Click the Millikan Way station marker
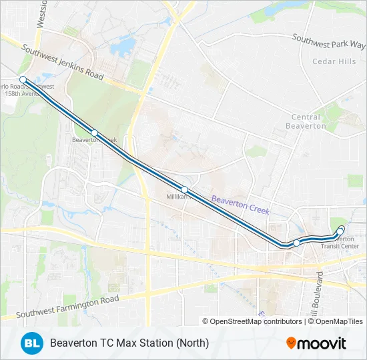tap(185, 189)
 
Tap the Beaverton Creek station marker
tap(95, 133)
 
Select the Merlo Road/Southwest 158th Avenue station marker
tap(23, 79)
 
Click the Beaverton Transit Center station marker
tap(341, 230)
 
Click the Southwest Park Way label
tap(329, 40)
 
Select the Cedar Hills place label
tap(334, 61)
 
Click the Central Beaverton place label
tap(306, 121)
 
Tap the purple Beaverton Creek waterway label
tap(240, 204)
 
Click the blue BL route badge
tap(31, 343)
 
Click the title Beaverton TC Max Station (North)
tap(129, 343)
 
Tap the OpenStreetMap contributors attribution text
tap(256, 321)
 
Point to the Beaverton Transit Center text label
tap(340, 243)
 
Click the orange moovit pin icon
tap(292, 343)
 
